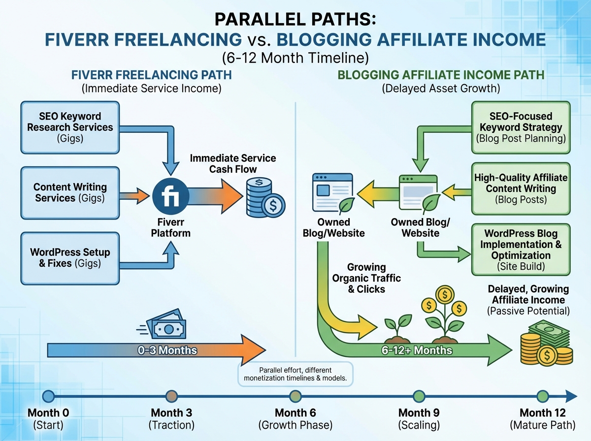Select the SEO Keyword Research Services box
coord(69,127)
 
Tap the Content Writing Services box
coord(69,192)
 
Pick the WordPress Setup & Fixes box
coord(69,257)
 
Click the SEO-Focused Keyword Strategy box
coord(521,127)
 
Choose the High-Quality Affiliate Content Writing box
coord(521,189)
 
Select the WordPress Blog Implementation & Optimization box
coord(521,250)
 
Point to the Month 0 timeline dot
coord(48,396)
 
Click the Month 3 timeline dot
coord(172,396)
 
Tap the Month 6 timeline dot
coord(295,396)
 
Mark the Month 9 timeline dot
coord(419,396)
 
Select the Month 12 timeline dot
coord(542,396)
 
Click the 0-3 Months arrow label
coord(167,350)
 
